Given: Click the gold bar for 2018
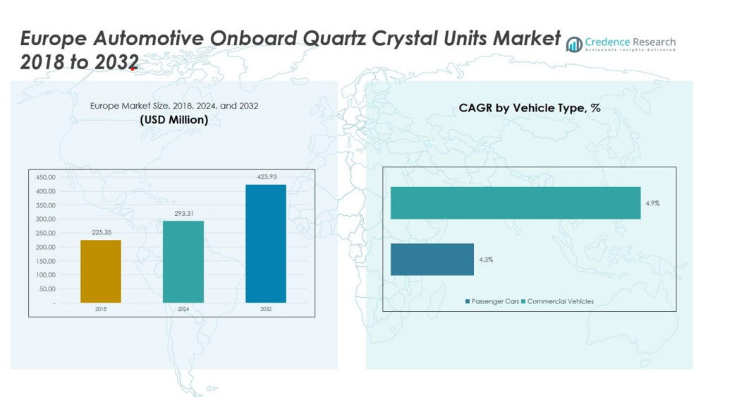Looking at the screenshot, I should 101,272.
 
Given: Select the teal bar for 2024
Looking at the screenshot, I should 183,262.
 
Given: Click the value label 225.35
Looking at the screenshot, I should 102,232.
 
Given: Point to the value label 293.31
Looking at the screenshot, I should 184,213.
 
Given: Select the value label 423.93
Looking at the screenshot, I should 266,176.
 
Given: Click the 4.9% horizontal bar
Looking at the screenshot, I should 516,203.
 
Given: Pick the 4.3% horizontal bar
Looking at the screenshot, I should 432,260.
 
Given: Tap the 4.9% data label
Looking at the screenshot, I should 652,203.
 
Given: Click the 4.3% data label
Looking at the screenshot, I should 486,260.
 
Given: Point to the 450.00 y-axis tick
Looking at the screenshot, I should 45,178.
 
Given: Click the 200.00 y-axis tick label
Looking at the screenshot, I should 45,247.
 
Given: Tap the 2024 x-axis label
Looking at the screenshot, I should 183,309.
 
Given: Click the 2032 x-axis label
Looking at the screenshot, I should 266,309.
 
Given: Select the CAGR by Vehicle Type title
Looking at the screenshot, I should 530,108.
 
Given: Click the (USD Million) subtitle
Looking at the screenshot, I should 174,120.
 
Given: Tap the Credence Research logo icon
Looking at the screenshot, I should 574,44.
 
